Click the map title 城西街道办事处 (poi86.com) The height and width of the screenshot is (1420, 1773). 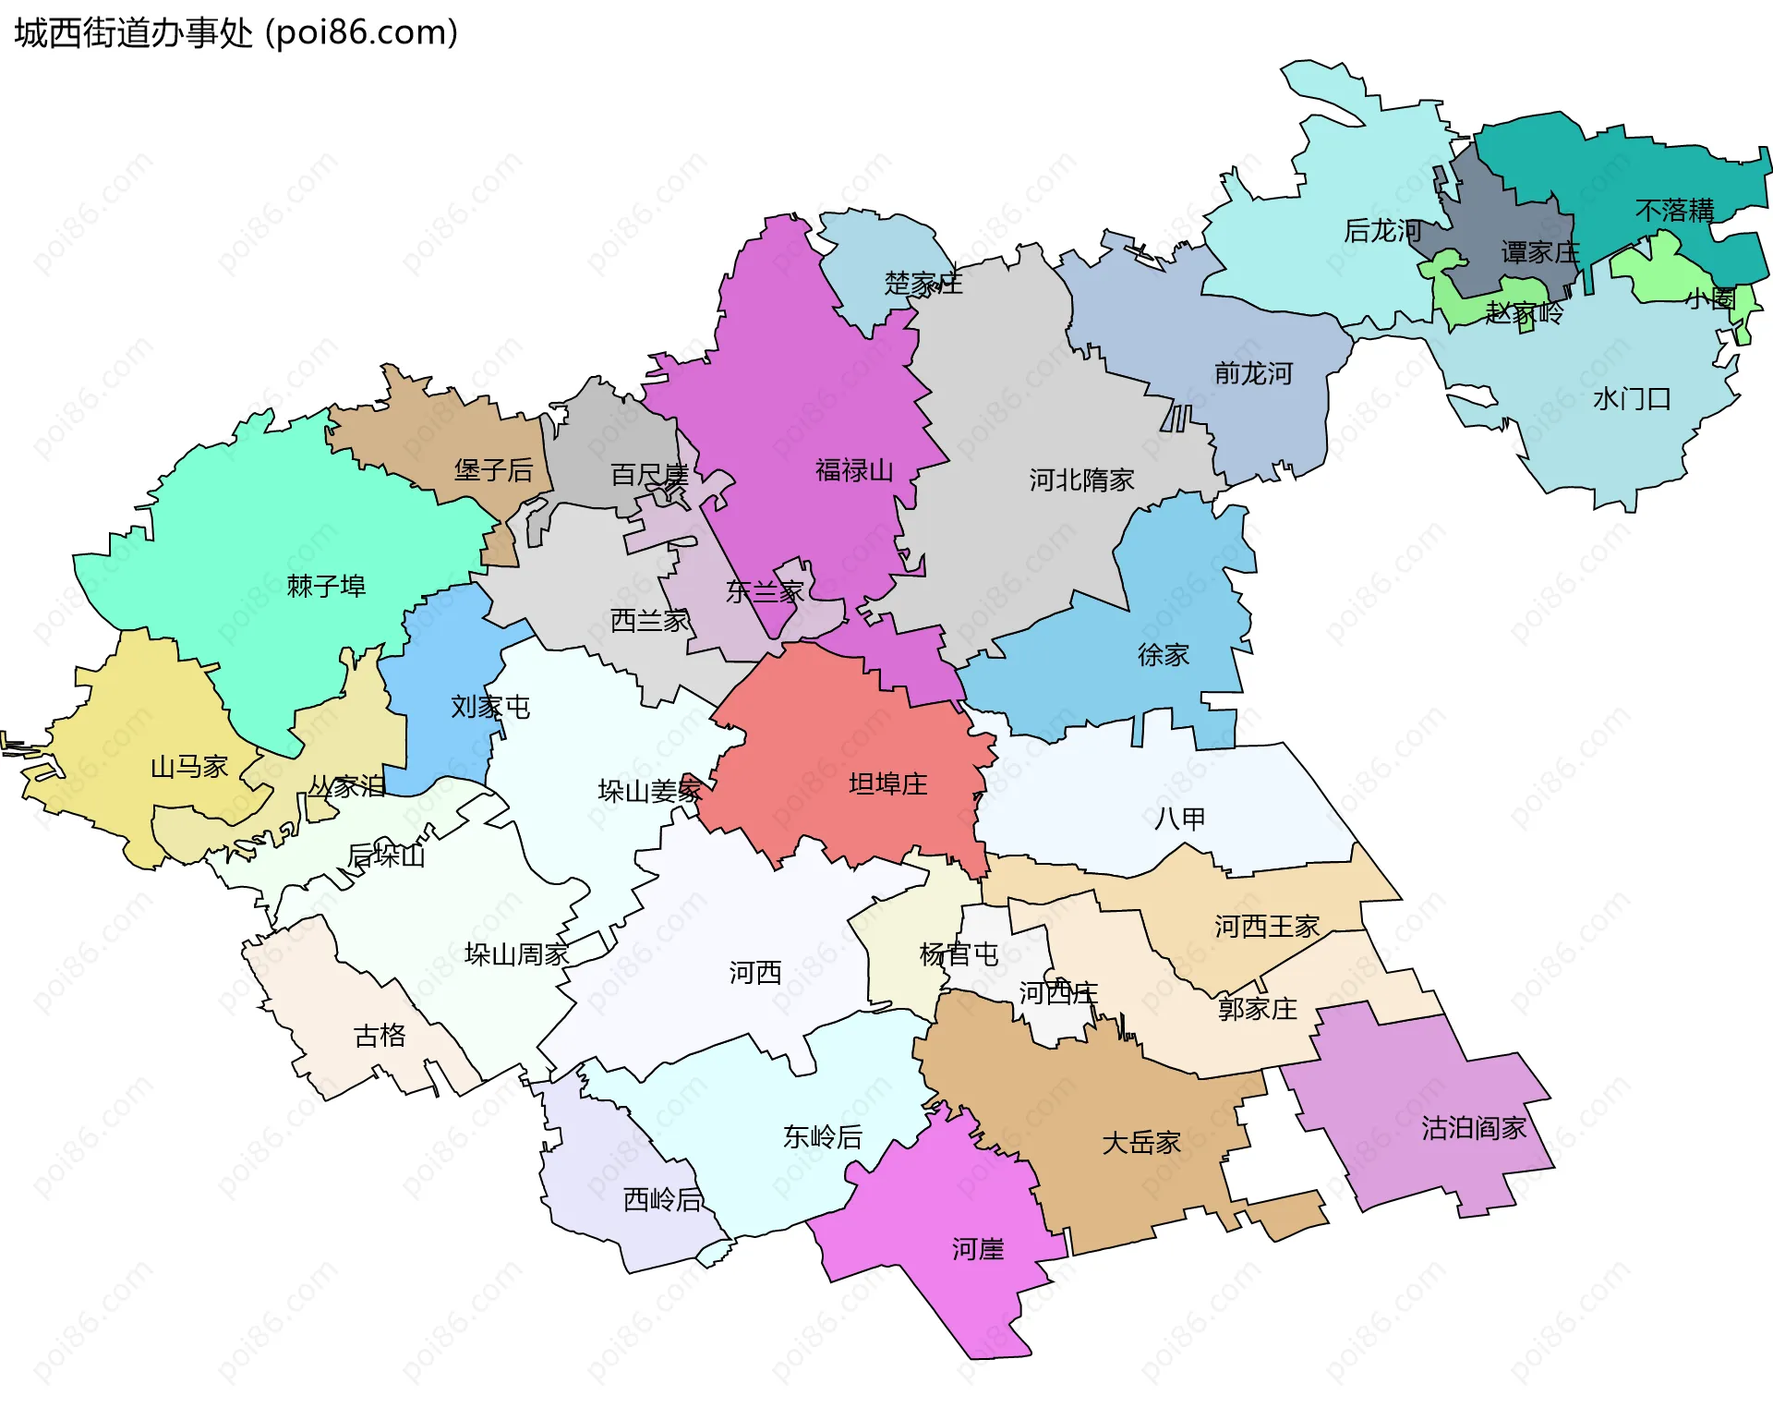(x=236, y=33)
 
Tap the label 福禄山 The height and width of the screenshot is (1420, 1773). (x=854, y=471)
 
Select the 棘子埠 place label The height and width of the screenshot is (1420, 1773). (x=326, y=586)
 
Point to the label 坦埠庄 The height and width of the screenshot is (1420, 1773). (x=887, y=784)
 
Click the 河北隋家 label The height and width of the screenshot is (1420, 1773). (x=1081, y=480)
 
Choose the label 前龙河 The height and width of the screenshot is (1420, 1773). (x=1253, y=373)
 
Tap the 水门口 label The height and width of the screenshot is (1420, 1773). (x=1632, y=399)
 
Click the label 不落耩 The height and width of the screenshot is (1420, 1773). (x=1674, y=211)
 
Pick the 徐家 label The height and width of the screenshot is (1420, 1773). (x=1163, y=655)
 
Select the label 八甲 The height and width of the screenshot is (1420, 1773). (x=1179, y=819)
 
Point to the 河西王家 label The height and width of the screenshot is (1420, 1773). (x=1266, y=927)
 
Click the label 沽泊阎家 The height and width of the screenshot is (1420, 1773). (x=1473, y=1128)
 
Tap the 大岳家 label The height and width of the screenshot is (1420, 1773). (x=1141, y=1143)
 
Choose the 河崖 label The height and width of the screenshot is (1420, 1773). (x=978, y=1250)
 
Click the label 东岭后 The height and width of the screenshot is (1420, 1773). (x=822, y=1137)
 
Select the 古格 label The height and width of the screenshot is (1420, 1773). (x=380, y=1036)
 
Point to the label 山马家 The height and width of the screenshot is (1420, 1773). (x=189, y=767)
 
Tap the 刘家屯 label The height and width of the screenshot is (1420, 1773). (x=490, y=707)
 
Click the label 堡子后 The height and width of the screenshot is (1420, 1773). (x=493, y=470)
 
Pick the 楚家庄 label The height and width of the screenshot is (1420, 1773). (x=923, y=283)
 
